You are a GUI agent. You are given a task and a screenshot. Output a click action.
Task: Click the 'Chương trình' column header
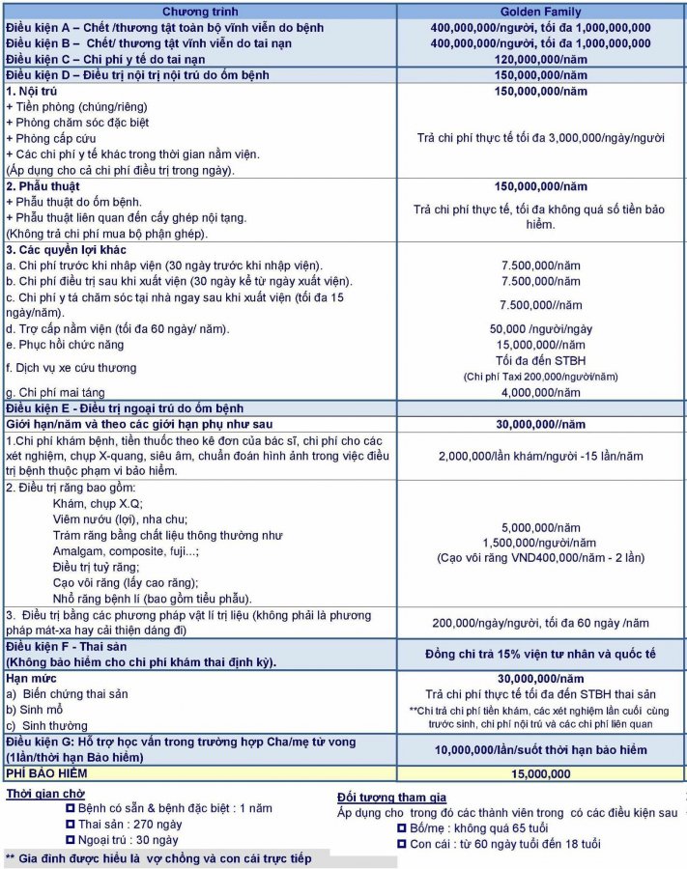[x=196, y=11]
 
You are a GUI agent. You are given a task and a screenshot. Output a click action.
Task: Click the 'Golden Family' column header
[x=541, y=11]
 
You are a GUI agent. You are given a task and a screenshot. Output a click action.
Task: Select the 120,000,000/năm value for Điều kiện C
[x=541, y=59]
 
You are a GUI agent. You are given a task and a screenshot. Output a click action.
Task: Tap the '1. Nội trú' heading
[x=32, y=91]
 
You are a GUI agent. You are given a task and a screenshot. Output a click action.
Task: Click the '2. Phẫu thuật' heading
[x=43, y=186]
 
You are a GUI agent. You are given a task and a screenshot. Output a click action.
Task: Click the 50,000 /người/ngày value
[x=541, y=329]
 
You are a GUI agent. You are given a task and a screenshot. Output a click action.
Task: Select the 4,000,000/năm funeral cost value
[x=541, y=393]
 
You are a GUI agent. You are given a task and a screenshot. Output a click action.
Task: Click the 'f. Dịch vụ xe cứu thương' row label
[x=71, y=368]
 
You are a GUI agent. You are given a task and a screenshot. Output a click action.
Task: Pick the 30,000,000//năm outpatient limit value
[x=541, y=424]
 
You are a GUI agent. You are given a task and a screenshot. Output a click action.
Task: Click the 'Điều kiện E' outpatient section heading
[x=125, y=408]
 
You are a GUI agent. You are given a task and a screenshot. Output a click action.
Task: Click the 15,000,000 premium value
[x=541, y=773]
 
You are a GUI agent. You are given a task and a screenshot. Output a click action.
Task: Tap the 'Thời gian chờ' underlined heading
[x=41, y=793]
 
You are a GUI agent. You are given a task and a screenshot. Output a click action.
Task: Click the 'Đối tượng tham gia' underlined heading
[x=391, y=797]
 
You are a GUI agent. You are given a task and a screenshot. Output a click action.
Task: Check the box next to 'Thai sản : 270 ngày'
[x=70, y=825]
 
